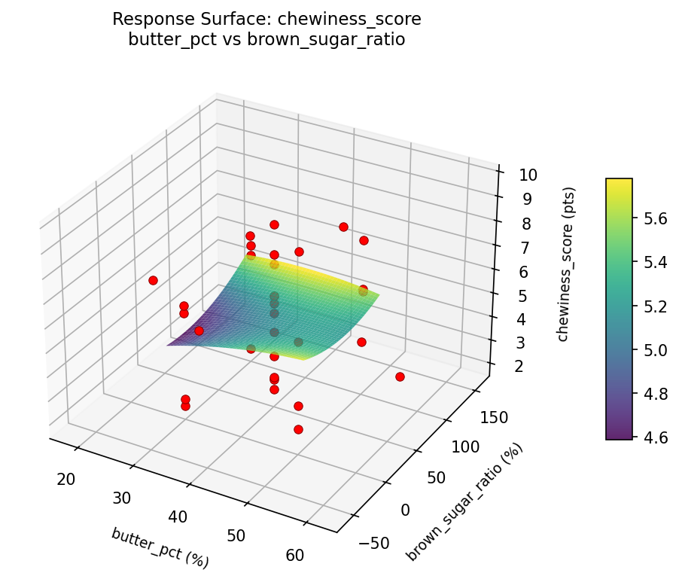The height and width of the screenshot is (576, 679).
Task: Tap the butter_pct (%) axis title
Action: tap(160, 547)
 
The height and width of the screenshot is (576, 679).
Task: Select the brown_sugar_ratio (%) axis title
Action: tap(464, 502)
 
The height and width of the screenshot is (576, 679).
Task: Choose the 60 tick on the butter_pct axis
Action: tap(295, 556)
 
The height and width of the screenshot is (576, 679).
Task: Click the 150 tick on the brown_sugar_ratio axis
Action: tap(492, 418)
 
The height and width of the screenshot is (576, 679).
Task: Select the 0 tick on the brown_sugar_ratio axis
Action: tap(405, 510)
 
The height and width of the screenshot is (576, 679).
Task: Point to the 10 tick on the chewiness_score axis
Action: tap(527, 175)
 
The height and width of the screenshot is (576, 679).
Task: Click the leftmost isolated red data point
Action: tap(154, 280)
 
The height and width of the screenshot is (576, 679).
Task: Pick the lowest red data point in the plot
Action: tap(298, 429)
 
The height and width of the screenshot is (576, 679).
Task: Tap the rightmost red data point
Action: tap(400, 376)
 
